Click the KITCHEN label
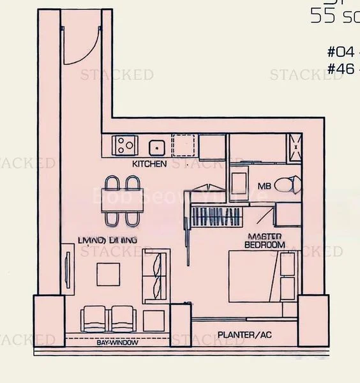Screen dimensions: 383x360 149,164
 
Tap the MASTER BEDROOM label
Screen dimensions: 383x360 266,241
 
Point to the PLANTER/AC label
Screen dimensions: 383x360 243,334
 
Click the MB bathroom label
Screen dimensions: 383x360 264,186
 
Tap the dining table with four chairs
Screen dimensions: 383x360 121,200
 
